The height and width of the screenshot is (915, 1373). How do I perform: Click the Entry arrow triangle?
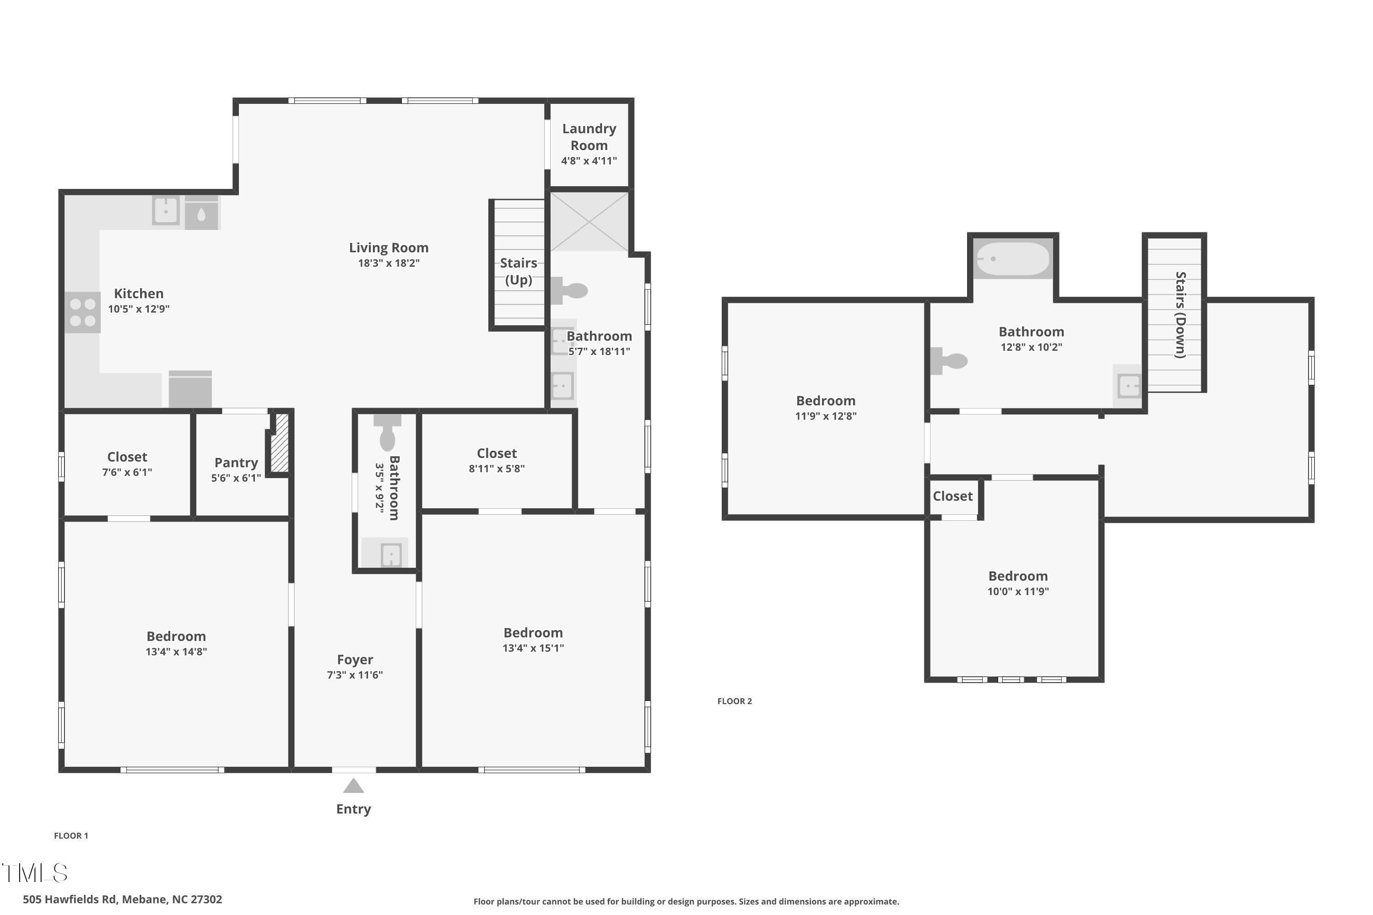click(x=353, y=786)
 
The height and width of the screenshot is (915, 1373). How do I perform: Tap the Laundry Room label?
click(x=589, y=136)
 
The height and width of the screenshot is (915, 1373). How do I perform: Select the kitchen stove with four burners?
click(x=82, y=312)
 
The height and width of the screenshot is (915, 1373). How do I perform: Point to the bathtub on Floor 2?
click(x=1013, y=258)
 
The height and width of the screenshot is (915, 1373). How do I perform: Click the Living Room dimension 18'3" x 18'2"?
click(x=389, y=263)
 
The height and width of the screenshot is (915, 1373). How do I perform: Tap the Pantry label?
click(x=236, y=463)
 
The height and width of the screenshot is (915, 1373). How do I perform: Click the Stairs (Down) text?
click(x=1180, y=315)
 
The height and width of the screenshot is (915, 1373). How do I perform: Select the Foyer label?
click(x=355, y=659)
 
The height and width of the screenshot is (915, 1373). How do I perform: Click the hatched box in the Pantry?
click(x=280, y=443)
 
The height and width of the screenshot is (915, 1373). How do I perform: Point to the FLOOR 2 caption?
click(x=735, y=701)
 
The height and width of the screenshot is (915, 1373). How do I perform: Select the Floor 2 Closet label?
click(x=953, y=496)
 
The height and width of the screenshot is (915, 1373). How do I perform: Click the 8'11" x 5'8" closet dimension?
click(x=497, y=468)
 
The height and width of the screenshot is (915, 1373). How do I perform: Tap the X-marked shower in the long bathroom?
click(x=589, y=222)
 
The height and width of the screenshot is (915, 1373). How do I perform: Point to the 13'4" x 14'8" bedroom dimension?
click(x=176, y=652)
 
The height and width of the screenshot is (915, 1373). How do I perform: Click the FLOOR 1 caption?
click(x=71, y=836)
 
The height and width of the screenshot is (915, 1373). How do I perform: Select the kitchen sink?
click(x=166, y=210)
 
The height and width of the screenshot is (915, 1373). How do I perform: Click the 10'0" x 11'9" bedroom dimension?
click(x=1018, y=592)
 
